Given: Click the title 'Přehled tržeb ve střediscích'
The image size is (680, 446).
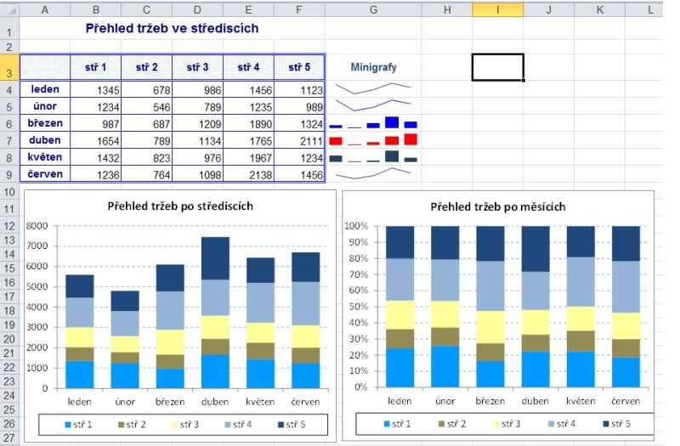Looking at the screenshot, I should [x=172, y=29].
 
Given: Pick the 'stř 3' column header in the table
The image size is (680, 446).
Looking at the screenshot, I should [x=197, y=67].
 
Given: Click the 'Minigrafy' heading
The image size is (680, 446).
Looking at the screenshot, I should [x=373, y=67].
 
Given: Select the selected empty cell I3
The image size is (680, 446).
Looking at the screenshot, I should [x=497, y=67].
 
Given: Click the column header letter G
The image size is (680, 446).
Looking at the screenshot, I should [x=373, y=9].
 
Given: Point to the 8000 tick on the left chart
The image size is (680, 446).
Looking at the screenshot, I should [x=38, y=227].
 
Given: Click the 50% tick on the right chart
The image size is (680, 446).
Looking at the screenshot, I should [x=356, y=307].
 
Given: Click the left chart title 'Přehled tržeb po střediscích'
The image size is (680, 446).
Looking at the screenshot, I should [x=179, y=206].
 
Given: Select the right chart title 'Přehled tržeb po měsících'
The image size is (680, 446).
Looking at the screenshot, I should [x=497, y=206].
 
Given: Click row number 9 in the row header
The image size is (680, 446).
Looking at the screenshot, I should [x=8, y=174].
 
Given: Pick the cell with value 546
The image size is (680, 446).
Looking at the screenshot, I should [x=146, y=106].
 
